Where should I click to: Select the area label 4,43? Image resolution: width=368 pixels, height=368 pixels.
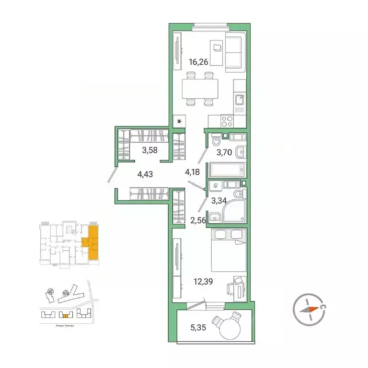click(x=145, y=174)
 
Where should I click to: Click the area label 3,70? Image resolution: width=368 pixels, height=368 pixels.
click(x=225, y=153)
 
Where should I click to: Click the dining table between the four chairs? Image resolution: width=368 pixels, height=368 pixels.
click(x=199, y=89)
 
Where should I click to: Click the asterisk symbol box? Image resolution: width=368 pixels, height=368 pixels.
click(x=180, y=121)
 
